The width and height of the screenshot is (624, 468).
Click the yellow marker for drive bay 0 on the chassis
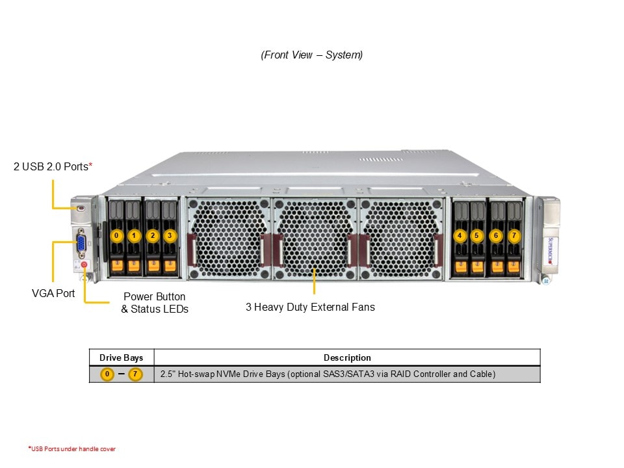[116, 235]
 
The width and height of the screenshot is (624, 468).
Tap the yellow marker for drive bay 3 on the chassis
[170, 235]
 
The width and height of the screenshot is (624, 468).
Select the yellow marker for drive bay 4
[460, 235]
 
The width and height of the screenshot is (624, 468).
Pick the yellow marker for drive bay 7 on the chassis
[514, 235]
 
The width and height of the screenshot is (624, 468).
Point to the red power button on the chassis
[84, 265]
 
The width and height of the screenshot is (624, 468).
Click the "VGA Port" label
[53, 293]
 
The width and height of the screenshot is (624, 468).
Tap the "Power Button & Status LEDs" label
[155, 303]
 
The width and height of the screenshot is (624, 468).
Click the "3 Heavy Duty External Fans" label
[310, 307]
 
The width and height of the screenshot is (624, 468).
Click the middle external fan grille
[315, 239]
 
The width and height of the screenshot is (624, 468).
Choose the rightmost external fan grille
[401, 239]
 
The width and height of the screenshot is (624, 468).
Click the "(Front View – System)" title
[312, 55]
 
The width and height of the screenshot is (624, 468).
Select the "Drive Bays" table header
[121, 357]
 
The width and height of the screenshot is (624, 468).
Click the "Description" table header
[347, 357]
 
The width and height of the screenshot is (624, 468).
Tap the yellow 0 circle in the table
[108, 374]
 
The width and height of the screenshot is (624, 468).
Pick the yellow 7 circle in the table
[135, 374]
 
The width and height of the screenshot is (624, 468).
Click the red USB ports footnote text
[72, 448]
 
